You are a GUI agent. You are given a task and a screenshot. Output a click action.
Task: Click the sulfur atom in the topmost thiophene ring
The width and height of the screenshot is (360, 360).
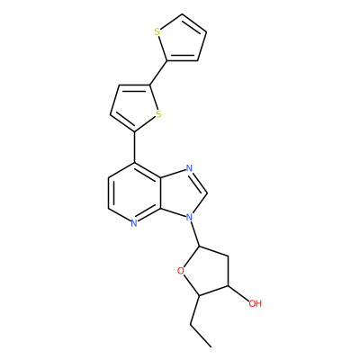(157, 31)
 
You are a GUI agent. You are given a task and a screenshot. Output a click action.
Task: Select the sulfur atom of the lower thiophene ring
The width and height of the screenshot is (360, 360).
(158, 114)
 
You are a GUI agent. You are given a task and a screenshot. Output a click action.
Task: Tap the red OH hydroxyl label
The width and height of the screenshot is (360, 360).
(256, 303)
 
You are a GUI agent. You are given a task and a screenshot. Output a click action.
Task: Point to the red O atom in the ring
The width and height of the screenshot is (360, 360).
(180, 271)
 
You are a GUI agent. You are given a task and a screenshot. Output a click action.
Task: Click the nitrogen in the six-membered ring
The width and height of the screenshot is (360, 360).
(134, 223)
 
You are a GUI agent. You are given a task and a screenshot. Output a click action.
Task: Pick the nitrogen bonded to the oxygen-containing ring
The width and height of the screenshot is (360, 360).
(189, 216)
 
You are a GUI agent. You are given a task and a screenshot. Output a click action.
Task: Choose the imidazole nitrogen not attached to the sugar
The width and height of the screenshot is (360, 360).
(189, 168)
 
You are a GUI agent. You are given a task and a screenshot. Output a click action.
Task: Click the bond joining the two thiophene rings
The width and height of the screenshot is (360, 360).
(158, 73)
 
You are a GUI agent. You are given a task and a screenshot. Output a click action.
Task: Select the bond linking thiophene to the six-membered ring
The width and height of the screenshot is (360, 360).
(134, 148)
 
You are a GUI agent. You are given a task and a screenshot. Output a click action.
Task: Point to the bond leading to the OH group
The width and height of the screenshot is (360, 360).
(238, 292)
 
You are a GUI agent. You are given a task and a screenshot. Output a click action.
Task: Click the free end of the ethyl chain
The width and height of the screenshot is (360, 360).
(211, 347)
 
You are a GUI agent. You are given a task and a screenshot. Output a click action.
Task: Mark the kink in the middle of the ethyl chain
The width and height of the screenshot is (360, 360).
(191, 324)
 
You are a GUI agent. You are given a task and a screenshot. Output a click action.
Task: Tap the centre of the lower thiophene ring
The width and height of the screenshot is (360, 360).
(135, 106)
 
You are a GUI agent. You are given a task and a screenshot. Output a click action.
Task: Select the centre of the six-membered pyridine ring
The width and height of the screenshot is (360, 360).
(134, 193)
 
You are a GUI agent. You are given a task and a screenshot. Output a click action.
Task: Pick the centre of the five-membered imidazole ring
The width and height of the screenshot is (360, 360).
(182, 193)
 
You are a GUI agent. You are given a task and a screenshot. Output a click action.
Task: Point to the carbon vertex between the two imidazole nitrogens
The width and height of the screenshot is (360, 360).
(207, 193)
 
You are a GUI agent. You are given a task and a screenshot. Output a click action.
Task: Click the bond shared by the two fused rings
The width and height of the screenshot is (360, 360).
(161, 193)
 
